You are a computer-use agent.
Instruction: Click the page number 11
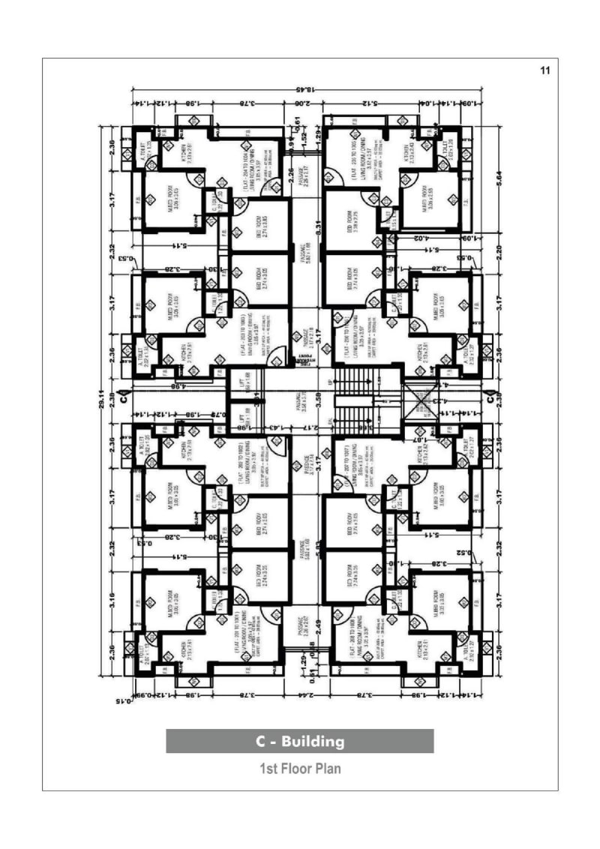tap(545, 70)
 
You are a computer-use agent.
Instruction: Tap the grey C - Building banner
tap(300, 741)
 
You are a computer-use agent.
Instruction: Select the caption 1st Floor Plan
tap(300, 769)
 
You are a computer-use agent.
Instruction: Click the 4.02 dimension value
tap(420, 238)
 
